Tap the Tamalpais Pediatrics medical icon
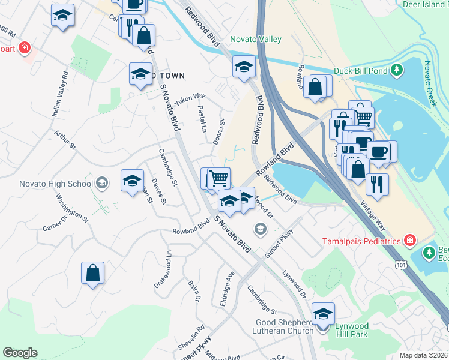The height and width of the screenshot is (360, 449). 409,241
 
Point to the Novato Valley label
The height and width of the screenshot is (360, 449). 256,40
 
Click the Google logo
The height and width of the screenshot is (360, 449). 20,353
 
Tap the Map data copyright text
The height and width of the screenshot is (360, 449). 424,355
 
